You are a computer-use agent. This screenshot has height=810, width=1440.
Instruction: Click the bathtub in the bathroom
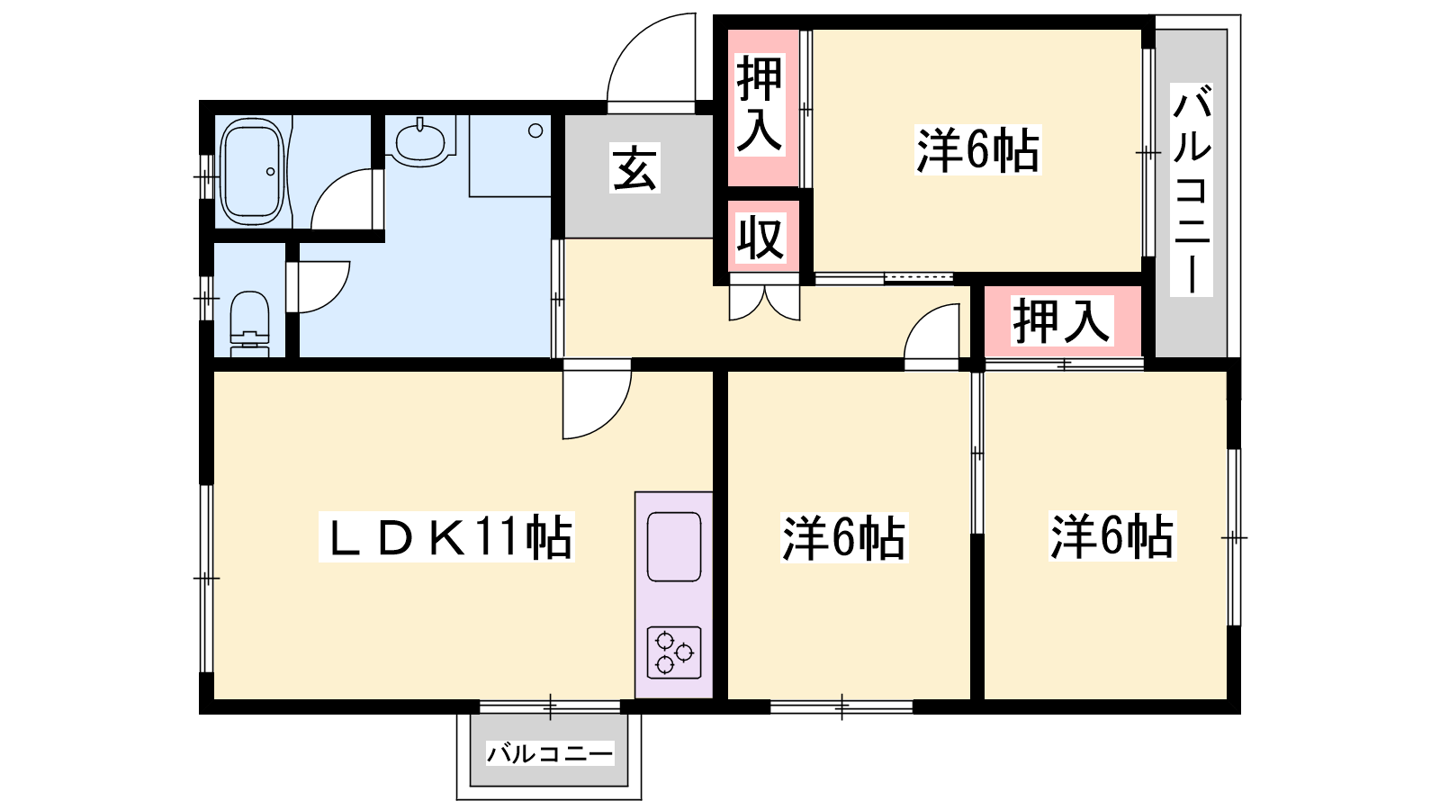tap(252, 171)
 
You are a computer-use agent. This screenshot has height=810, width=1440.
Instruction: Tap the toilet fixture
tap(249, 323)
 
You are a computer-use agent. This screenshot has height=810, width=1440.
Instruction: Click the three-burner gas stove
tap(674, 652)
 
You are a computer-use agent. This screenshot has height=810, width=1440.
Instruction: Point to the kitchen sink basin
tap(674, 546)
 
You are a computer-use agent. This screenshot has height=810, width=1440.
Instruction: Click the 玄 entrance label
tap(634, 169)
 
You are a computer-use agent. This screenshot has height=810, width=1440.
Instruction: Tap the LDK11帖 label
tap(446, 537)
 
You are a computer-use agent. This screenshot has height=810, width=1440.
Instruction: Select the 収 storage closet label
tap(760, 238)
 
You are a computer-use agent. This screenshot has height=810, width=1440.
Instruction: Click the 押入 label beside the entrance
tap(760, 104)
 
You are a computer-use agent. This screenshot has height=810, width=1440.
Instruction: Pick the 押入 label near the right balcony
tap(1061, 320)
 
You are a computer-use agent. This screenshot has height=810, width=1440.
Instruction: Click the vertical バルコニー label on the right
tap(1192, 189)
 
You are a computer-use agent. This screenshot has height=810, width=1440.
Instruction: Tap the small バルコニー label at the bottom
tap(550, 752)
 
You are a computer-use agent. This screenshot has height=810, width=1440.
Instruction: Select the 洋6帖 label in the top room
tap(977, 151)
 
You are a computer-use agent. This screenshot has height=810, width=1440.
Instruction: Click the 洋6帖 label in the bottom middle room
tap(844, 538)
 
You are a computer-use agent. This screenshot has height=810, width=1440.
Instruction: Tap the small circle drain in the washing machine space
tap(535, 131)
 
